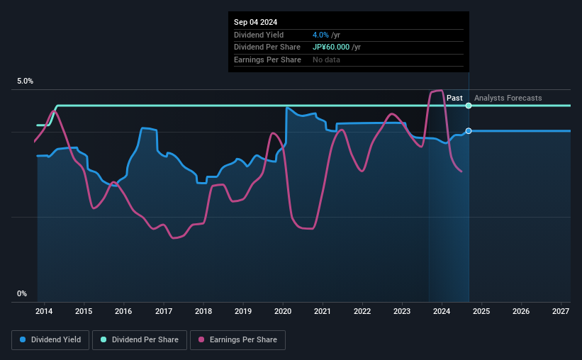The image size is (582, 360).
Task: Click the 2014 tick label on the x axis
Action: [44, 311]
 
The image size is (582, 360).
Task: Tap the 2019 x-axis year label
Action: [243, 311]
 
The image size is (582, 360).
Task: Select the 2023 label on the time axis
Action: [402, 311]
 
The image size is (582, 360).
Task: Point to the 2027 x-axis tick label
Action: [561, 311]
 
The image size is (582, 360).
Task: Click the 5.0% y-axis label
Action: [26, 81]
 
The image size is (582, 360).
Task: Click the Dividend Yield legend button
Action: [50, 340]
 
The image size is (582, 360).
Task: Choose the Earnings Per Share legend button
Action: [237, 340]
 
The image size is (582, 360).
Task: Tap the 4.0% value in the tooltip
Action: [320, 35]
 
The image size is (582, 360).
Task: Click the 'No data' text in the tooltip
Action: [326, 60]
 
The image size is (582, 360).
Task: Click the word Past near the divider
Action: [454, 99]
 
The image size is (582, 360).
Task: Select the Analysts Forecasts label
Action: [508, 99]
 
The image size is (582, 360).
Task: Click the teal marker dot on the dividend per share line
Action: [469, 106]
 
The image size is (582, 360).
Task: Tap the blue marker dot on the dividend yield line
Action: [469, 131]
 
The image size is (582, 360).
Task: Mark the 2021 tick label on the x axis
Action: [323, 311]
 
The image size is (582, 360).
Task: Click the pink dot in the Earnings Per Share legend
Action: [201, 340]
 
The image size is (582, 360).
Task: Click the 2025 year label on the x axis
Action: [481, 311]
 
